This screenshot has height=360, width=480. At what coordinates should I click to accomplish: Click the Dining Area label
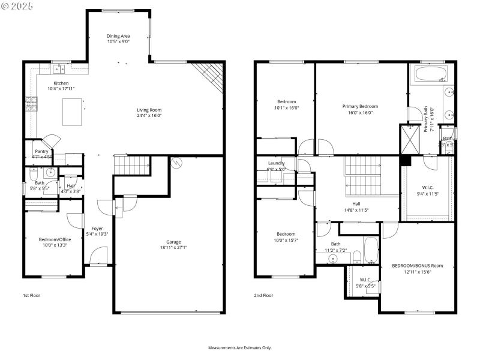click(118, 36)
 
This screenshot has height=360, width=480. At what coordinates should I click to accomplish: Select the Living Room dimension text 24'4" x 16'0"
click(149, 115)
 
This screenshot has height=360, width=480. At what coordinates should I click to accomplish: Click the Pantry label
click(41, 151)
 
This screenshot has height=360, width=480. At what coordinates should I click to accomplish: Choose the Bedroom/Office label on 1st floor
click(55, 239)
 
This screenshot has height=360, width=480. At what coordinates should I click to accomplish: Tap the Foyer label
click(97, 228)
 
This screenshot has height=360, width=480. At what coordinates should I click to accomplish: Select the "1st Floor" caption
click(31, 295)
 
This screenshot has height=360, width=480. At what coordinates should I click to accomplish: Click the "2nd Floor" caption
click(263, 295)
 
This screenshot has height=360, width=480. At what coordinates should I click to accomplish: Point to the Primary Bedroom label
click(360, 106)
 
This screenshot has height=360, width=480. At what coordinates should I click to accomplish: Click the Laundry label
click(277, 163)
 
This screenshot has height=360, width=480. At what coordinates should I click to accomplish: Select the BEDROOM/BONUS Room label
click(417, 265)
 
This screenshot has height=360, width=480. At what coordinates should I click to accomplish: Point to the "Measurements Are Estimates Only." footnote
click(240, 347)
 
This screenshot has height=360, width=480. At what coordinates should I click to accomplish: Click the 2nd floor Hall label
click(356, 203)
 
